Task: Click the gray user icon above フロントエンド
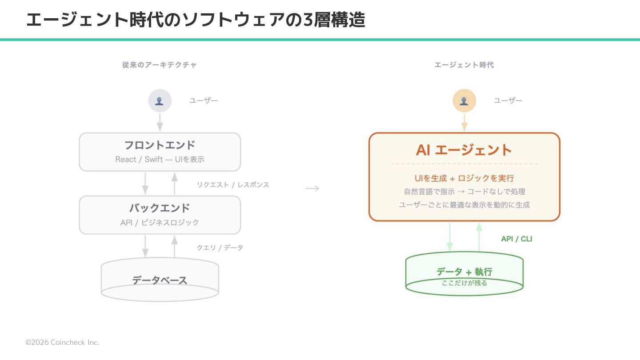160,100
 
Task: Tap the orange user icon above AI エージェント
464,100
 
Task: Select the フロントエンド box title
160,145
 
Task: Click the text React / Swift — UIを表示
160,160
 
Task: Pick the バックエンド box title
160,208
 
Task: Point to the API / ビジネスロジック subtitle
160,223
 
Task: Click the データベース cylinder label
160,280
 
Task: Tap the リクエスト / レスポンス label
233,185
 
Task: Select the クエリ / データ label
220,248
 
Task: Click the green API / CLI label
516,239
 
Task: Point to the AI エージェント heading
464,150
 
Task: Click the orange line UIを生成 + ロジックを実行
464,178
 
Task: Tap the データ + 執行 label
464,272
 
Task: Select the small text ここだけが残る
464,283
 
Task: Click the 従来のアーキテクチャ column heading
160,65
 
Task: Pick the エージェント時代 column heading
464,65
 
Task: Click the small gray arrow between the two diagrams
312,188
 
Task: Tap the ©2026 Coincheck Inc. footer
62,342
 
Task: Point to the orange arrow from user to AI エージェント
464,123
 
